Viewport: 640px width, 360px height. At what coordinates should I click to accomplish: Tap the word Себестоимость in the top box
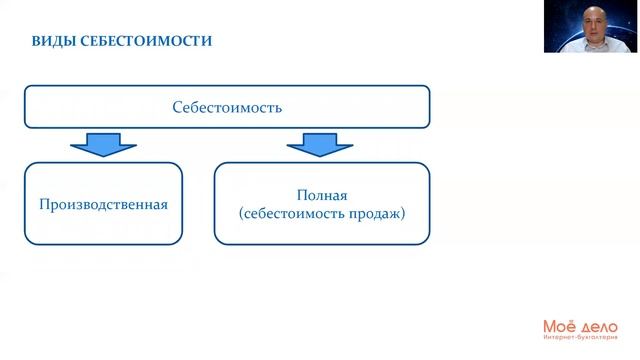tap(227, 107)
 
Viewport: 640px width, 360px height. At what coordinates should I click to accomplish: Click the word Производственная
tap(103, 204)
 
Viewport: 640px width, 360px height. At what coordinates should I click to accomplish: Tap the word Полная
tap(321, 195)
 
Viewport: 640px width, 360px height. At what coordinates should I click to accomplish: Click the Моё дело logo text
tap(580, 327)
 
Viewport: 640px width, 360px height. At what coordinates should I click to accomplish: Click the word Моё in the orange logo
tap(559, 327)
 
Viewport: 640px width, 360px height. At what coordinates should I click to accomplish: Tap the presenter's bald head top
tap(592, 7)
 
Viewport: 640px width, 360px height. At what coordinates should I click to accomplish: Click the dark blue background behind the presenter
tap(556, 20)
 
